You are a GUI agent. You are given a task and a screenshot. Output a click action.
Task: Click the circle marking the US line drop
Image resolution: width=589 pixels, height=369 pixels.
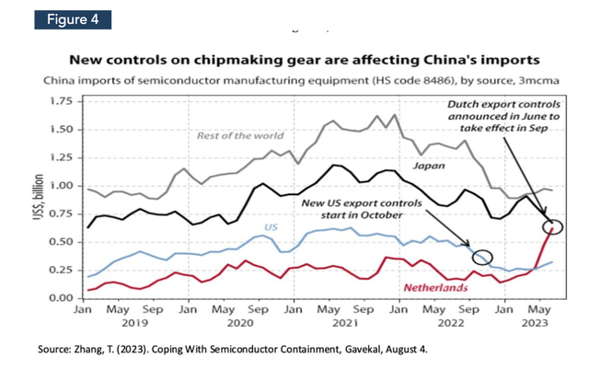point(481,258)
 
